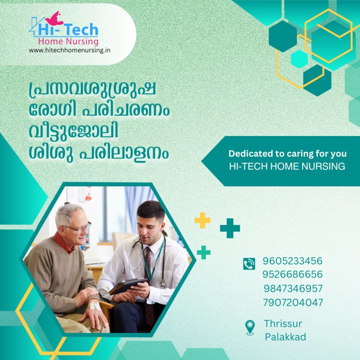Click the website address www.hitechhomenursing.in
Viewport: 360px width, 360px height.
[x=70, y=50]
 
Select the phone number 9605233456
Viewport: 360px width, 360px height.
[x=292, y=261]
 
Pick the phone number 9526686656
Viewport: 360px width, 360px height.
[x=292, y=274]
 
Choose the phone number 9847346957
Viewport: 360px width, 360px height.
[x=293, y=289]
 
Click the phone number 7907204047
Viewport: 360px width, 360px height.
[x=293, y=303]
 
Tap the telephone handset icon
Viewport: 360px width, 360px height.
[x=249, y=264]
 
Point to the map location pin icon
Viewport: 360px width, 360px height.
[x=250, y=327]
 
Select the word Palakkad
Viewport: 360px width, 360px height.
[x=285, y=337]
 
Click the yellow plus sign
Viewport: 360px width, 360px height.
[x=202, y=220]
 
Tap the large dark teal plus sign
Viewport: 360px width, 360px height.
[x=230, y=228]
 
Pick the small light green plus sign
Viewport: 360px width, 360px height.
[x=204, y=252]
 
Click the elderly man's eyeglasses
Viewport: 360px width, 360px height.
[x=78, y=228]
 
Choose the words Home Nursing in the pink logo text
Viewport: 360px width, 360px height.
[x=68, y=41]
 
